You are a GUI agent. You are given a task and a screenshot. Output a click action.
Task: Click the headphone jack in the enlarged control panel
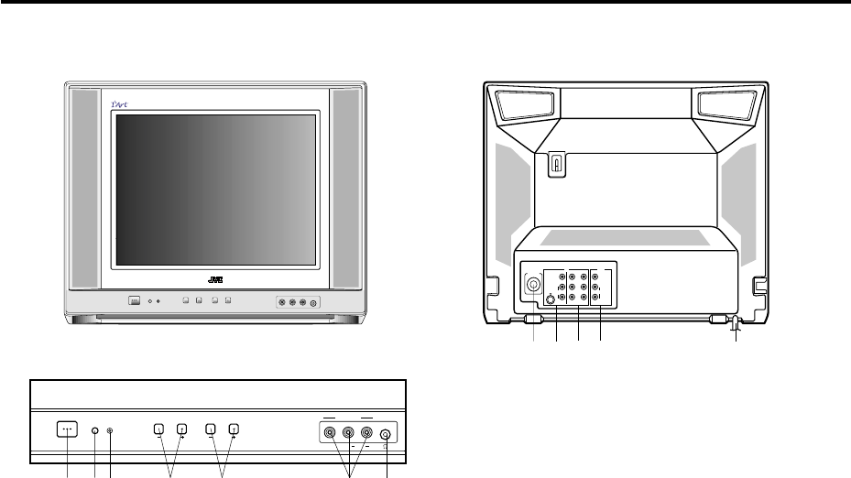386,436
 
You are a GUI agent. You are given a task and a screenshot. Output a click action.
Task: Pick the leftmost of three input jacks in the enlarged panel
330,435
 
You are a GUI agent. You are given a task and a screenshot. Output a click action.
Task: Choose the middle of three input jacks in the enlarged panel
348,435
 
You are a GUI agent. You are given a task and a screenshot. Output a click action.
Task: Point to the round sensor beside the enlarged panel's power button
94,429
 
